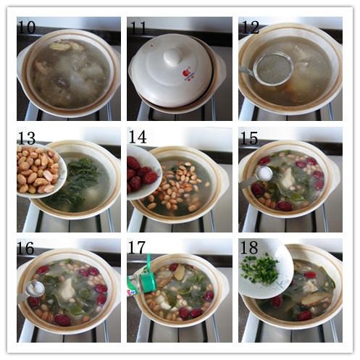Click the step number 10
pyautogui.click(x=27, y=27)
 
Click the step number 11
pyautogui.click(x=138, y=27)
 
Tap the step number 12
pyautogui.click(x=250, y=27)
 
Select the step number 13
pyautogui.click(x=27, y=138)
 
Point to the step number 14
pyautogui.click(x=138, y=137)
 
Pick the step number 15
pyautogui.click(x=249, y=138)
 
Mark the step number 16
pyautogui.click(x=25, y=248)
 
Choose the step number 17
pyautogui.click(x=137, y=248)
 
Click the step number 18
pyautogui.click(x=249, y=248)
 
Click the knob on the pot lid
pyautogui.click(x=172, y=56)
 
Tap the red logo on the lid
pyautogui.click(x=187, y=73)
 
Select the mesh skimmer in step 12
pyautogui.click(x=269, y=69)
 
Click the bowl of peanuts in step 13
pyautogui.click(x=41, y=171)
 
